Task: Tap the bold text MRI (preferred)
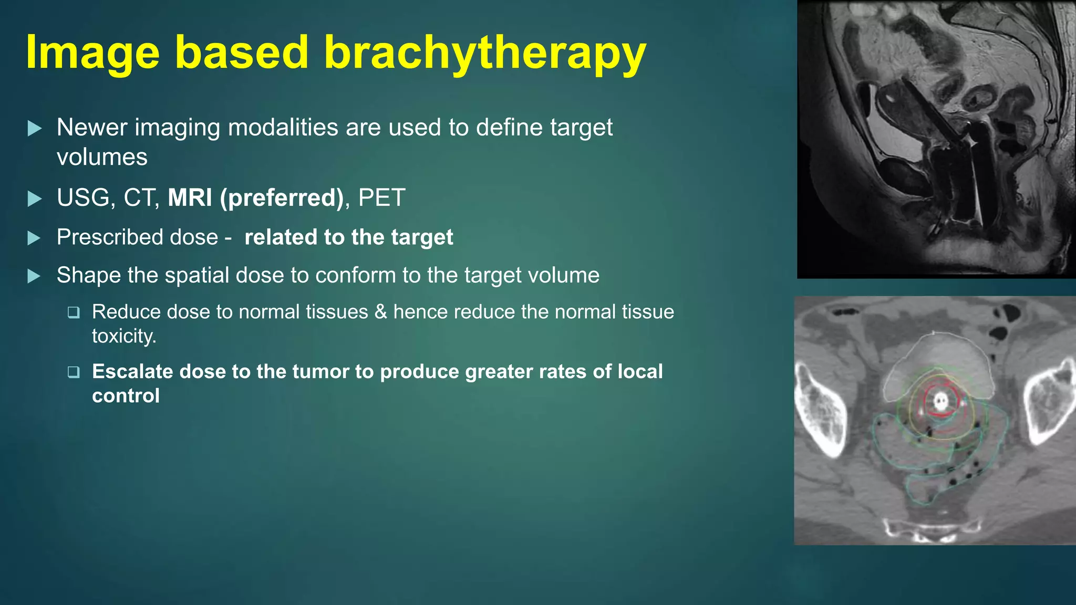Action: click(255, 198)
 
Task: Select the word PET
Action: click(381, 198)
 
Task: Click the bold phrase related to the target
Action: click(348, 237)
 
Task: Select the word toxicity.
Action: click(124, 336)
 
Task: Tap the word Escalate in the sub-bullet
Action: click(132, 372)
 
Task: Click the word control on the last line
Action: click(126, 396)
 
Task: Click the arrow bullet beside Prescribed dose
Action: click(34, 238)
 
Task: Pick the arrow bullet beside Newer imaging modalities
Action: click(34, 128)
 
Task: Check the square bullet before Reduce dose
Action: click(74, 313)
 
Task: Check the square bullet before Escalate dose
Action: click(74, 372)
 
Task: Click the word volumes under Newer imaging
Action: click(102, 158)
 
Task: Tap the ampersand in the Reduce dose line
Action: click(381, 312)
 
